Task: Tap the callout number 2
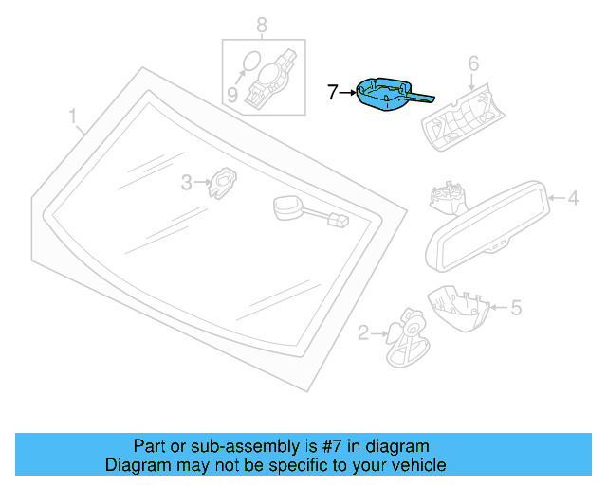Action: pyautogui.click(x=363, y=332)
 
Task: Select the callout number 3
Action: pyautogui.click(x=187, y=181)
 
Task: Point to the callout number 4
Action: pyautogui.click(x=572, y=198)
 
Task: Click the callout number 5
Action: pyautogui.click(x=515, y=307)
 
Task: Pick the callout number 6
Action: pyautogui.click(x=473, y=63)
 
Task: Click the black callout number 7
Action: pyautogui.click(x=332, y=92)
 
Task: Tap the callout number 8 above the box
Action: pyautogui.click(x=262, y=25)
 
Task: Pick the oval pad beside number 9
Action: pyautogui.click(x=248, y=63)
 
